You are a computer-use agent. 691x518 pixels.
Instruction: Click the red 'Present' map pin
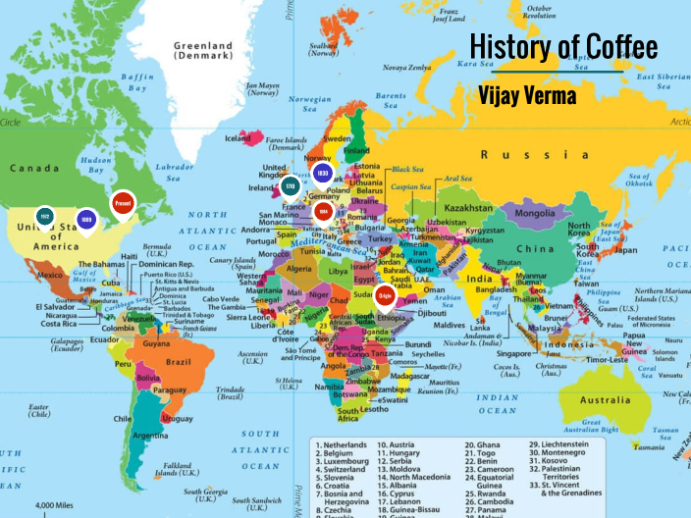123,203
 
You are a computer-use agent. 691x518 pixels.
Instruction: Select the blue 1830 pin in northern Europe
322,173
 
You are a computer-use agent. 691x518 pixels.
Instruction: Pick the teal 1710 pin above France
290,186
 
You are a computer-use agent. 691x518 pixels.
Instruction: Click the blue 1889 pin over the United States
86,220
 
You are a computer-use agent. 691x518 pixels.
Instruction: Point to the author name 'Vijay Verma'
527,94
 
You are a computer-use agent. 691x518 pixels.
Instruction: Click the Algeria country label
296,268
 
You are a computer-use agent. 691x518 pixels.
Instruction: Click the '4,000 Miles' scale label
58,505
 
